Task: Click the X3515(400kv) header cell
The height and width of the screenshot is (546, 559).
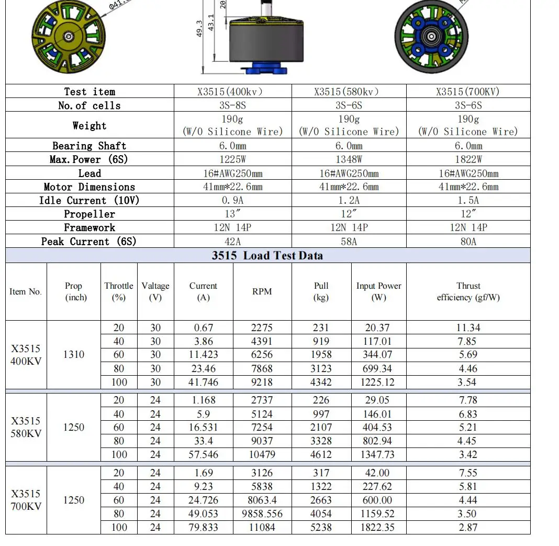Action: point(232,92)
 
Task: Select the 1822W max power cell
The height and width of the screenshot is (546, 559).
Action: point(468,159)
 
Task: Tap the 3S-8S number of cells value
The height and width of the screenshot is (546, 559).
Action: point(232,105)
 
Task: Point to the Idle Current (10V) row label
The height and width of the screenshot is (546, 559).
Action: point(89,201)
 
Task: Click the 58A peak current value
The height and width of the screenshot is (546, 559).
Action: point(349,242)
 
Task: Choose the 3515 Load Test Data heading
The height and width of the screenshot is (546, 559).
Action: point(267,256)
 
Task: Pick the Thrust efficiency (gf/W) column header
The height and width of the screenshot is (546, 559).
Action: point(468,292)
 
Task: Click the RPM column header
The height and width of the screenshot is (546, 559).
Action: point(262,292)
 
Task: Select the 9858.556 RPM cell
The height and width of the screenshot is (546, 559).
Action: point(262,514)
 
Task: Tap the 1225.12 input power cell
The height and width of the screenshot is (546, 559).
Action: point(378,383)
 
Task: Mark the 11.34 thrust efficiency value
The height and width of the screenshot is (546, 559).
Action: point(468,328)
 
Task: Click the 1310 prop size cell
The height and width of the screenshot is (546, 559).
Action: point(74,355)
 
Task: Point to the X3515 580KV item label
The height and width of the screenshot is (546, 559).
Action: point(26,428)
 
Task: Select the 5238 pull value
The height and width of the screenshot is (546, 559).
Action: point(321,528)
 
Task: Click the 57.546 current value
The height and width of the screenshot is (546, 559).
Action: point(204,455)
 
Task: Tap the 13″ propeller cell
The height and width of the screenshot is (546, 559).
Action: point(232,214)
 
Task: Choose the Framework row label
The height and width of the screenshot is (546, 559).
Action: point(89,228)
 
